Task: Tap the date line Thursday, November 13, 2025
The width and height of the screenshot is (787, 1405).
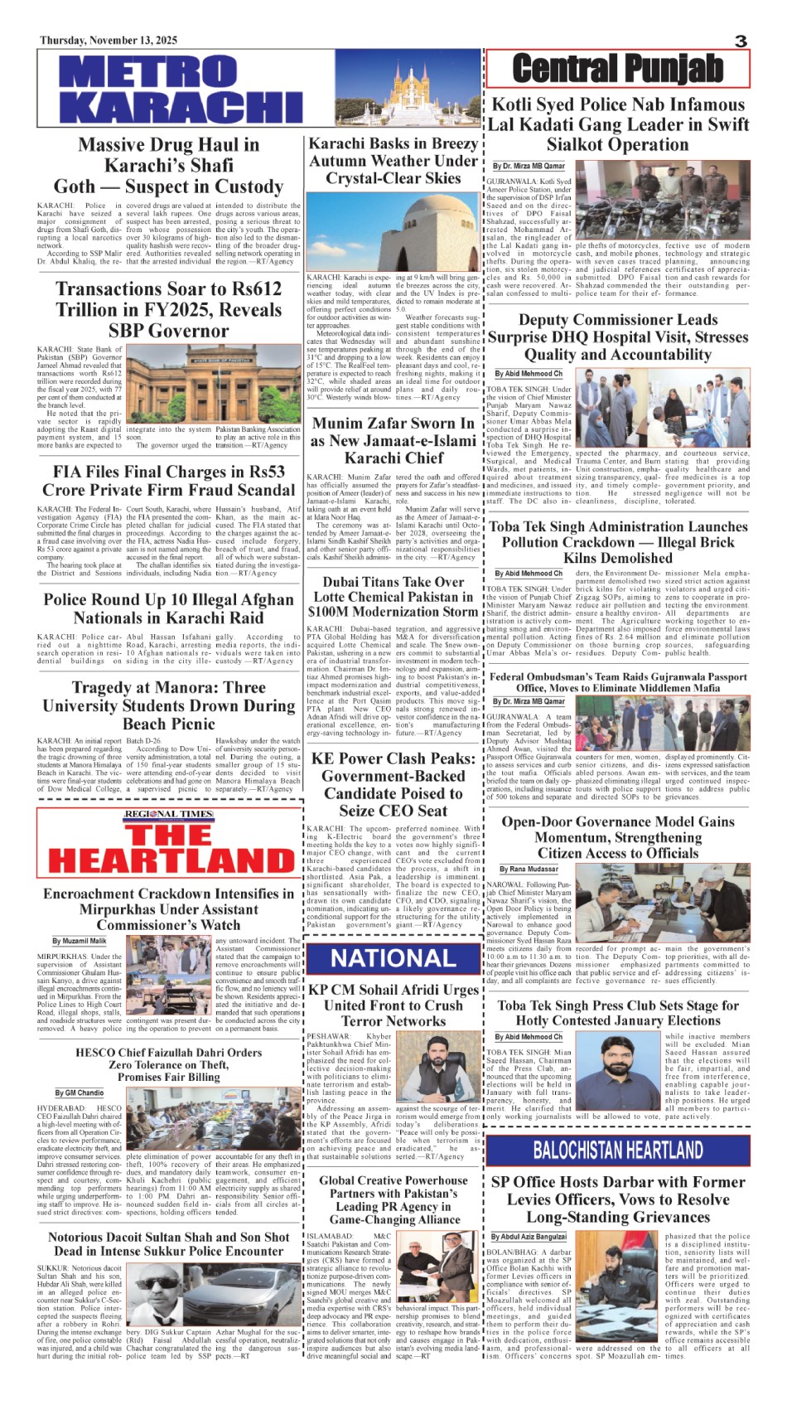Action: click(x=109, y=41)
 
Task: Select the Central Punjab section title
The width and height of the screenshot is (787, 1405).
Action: click(x=617, y=69)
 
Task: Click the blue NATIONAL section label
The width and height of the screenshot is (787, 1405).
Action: click(x=393, y=959)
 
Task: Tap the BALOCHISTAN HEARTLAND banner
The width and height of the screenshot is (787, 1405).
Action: click(x=618, y=1150)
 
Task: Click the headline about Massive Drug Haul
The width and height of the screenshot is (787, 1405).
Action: click(x=168, y=166)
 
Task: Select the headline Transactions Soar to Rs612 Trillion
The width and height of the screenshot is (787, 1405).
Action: click(x=168, y=309)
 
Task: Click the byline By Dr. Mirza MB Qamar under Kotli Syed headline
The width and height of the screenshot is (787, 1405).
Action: click(x=529, y=167)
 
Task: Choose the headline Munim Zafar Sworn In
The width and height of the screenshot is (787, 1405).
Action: click(x=393, y=440)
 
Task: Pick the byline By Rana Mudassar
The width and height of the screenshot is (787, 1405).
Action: click(x=529, y=870)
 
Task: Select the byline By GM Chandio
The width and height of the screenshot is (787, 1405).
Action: click(x=80, y=1093)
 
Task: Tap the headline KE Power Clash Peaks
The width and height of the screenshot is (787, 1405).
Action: click(x=393, y=784)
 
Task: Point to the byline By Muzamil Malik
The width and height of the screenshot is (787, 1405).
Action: click(x=80, y=942)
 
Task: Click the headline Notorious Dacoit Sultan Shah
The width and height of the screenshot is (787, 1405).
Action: click(x=168, y=1244)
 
